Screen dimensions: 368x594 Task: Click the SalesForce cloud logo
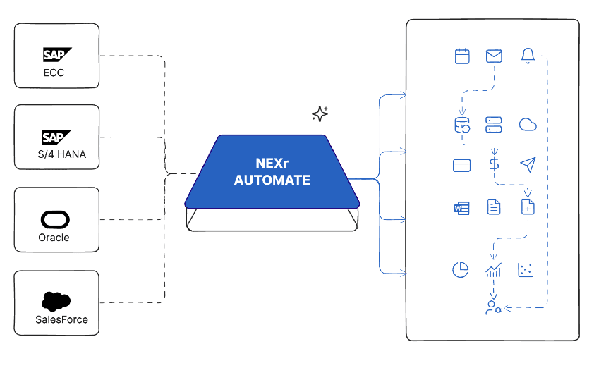pyautogui.click(x=56, y=301)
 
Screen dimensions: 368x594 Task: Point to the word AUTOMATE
pyautogui.click(x=272, y=180)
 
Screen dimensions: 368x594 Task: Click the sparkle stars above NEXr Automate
pyautogui.click(x=320, y=114)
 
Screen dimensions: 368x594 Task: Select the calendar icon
pyautogui.click(x=462, y=56)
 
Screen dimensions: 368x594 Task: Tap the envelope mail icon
pyautogui.click(x=494, y=56)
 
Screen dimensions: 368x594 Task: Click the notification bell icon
pyautogui.click(x=527, y=56)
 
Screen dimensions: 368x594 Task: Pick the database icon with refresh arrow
pyautogui.click(x=461, y=125)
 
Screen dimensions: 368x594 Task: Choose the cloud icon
pyautogui.click(x=528, y=125)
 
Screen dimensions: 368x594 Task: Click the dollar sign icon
pyautogui.click(x=494, y=165)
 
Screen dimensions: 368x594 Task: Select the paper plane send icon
pyautogui.click(x=528, y=165)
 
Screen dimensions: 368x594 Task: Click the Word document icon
pyautogui.click(x=462, y=207)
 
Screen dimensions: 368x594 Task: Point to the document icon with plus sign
pyautogui.click(x=528, y=207)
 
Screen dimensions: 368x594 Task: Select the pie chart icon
pyautogui.click(x=461, y=270)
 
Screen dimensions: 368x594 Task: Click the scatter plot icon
pyautogui.click(x=526, y=270)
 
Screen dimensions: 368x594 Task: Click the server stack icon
pyautogui.click(x=494, y=125)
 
